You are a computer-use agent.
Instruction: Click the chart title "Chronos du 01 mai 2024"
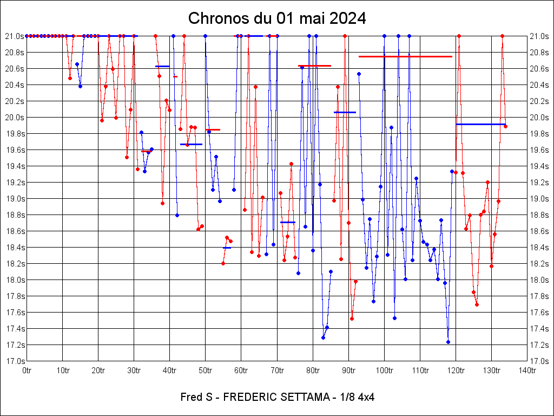click(277, 18)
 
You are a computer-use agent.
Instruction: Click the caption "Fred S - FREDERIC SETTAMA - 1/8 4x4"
click(277, 397)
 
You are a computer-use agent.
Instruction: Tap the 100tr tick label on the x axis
click(384, 370)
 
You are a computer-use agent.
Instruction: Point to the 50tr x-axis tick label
click(206, 370)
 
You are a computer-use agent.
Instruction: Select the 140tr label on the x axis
click(527, 370)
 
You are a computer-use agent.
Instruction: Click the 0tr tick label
click(27, 370)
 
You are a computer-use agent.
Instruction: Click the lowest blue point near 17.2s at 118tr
click(448, 342)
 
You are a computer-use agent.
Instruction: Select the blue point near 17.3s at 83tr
click(323, 337)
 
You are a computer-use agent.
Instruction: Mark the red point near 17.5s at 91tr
click(352, 318)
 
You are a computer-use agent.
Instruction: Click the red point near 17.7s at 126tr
click(477, 304)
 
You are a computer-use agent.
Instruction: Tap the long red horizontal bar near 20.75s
click(405, 56)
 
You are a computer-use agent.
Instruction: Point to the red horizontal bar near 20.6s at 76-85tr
click(314, 66)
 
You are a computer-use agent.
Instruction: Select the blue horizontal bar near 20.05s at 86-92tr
click(345, 112)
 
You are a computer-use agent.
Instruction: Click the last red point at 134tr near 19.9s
click(505, 126)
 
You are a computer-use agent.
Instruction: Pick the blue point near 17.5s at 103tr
click(394, 318)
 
